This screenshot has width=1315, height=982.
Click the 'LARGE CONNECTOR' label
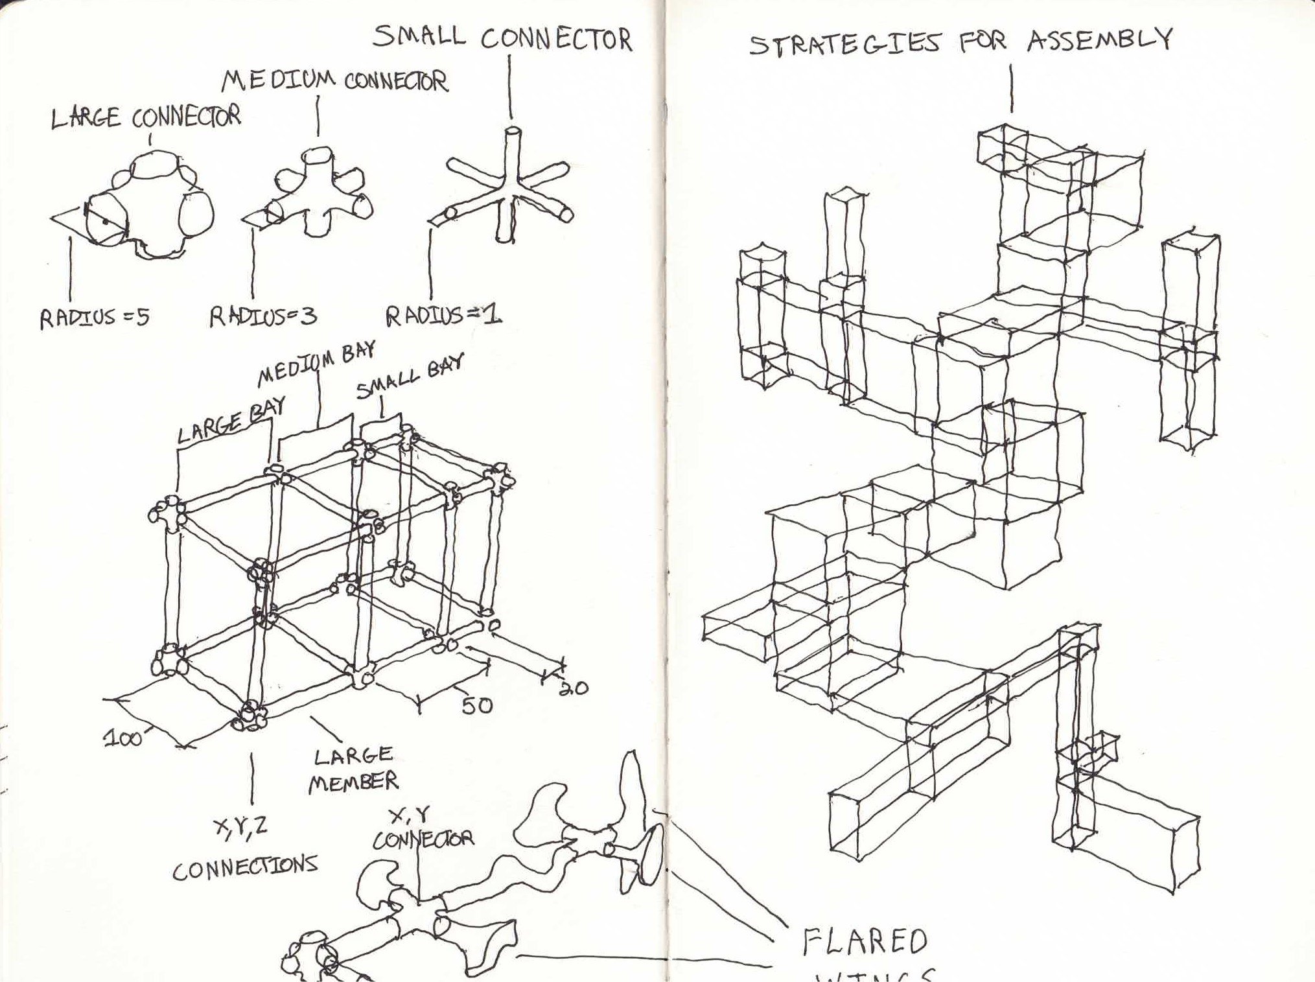point(146,117)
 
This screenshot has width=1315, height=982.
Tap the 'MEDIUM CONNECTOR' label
point(334,82)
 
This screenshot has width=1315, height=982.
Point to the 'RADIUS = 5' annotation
point(95,318)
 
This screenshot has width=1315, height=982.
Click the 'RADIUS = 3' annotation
point(262,317)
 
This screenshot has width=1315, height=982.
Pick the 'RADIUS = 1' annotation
point(443,316)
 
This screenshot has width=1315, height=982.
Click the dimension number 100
point(123,738)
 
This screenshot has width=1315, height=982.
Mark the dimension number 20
point(572,687)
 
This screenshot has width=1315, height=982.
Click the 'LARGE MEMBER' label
point(353,769)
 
